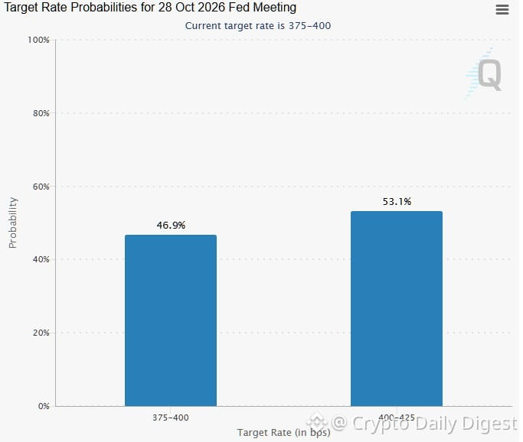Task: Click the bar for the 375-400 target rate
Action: pyautogui.click(x=171, y=320)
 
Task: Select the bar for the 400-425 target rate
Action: pyautogui.click(x=397, y=309)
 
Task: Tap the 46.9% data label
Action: pyautogui.click(x=171, y=226)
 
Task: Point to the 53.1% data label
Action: pyautogui.click(x=397, y=202)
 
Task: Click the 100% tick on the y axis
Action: pyautogui.click(x=38, y=40)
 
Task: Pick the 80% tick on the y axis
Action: pyautogui.click(x=41, y=113)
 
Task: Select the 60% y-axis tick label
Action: pyautogui.click(x=41, y=187)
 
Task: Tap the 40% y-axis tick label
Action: pyautogui.click(x=41, y=259)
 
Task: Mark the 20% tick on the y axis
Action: pyautogui.click(x=41, y=333)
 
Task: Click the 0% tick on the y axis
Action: pyautogui.click(x=44, y=406)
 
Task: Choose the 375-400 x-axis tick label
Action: pyautogui.click(x=171, y=418)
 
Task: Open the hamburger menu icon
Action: pyautogui.click(x=502, y=10)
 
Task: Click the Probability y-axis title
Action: pyautogui.click(x=13, y=223)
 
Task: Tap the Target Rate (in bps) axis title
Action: pyautogui.click(x=284, y=433)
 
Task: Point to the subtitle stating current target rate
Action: pyautogui.click(x=258, y=26)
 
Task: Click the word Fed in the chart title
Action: pyautogui.click(x=239, y=8)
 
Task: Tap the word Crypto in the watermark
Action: pyautogui.click(x=381, y=424)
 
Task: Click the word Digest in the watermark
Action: pyautogui.click(x=489, y=424)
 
